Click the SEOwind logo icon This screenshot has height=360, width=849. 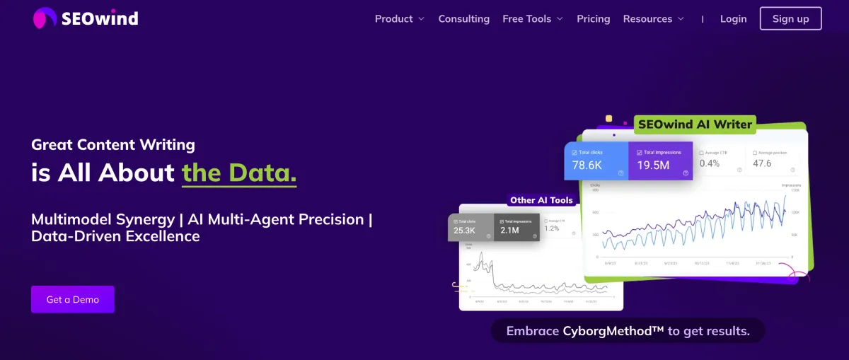point(45,18)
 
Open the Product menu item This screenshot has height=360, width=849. point(399,19)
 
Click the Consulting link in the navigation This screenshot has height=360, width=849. point(463,19)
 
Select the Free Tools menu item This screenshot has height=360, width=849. point(532,19)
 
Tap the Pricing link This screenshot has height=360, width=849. point(593,19)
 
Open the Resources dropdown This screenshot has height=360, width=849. point(653,19)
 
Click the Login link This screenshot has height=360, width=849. point(733,19)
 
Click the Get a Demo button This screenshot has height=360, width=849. point(72,299)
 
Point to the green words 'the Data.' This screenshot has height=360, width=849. point(239,173)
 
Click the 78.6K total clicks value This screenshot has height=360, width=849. point(587,165)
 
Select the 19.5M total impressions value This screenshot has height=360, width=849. point(654,165)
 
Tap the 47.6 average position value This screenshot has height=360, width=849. point(762,163)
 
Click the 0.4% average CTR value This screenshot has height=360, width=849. point(710,163)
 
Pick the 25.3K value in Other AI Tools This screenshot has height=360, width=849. point(464,230)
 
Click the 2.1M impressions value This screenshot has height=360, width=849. point(509,230)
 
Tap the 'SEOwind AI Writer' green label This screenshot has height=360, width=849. point(694,124)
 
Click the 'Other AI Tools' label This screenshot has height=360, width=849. point(541,200)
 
